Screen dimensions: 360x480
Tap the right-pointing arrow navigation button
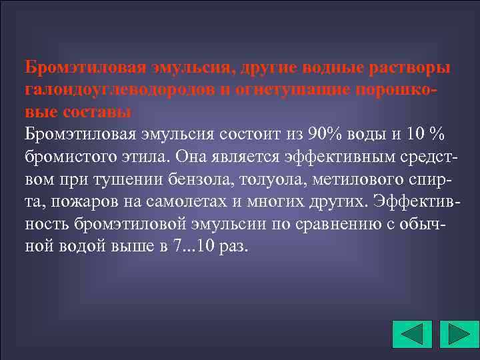click(x=457, y=334)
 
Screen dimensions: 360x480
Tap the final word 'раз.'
click(x=234, y=245)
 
